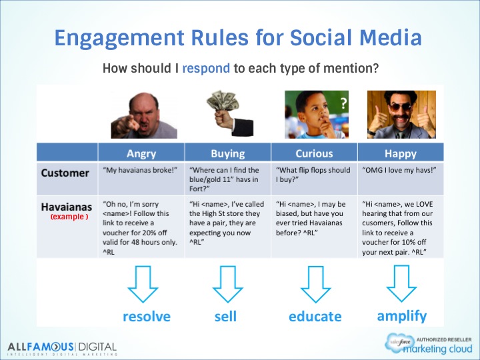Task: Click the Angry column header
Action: [141, 153]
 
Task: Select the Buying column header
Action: [228, 153]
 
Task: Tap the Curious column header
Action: [314, 153]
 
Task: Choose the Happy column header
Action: [401, 153]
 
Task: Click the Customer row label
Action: [65, 173]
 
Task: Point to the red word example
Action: [69, 217]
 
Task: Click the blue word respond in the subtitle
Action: [206, 68]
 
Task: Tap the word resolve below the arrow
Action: [147, 317]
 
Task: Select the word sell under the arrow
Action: [225, 316]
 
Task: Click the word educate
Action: [315, 317]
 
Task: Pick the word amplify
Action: [401, 317]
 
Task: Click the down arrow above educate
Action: [315, 284]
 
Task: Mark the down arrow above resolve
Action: [143, 284]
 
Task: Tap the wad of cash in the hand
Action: [223, 100]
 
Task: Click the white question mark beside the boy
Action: [343, 103]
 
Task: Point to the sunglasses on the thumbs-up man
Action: [400, 107]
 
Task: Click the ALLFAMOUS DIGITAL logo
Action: [62, 349]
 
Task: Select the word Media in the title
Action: [391, 38]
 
